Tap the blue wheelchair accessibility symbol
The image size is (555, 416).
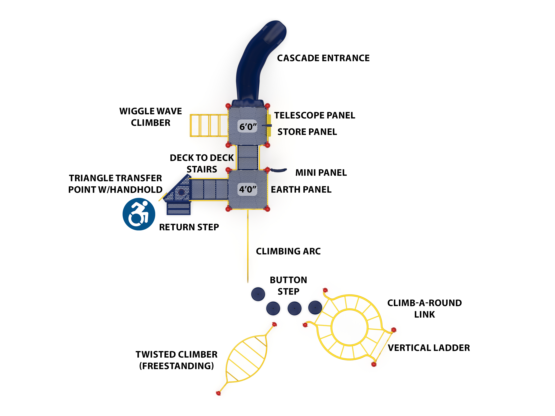(x=139, y=214)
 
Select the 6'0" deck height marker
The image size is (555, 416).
(x=248, y=127)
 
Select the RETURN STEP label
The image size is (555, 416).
(x=189, y=227)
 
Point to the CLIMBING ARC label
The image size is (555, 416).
(x=288, y=251)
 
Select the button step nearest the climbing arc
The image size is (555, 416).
(x=258, y=294)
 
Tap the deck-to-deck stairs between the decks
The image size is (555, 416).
(x=248, y=157)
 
